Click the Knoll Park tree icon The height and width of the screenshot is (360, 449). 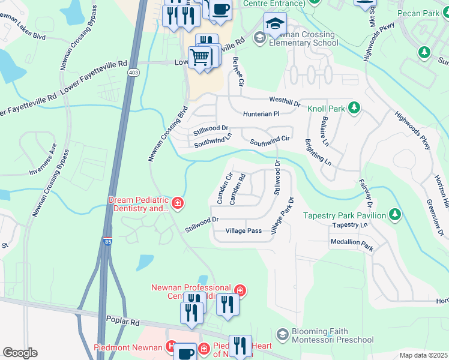tap(355, 107)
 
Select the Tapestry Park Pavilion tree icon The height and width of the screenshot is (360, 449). tap(394, 214)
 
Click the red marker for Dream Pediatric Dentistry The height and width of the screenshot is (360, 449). tap(177, 204)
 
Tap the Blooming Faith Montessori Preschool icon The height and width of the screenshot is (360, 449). tap(282, 333)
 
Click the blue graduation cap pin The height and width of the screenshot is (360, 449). tap(275, 24)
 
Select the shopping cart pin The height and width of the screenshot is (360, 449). tap(200, 58)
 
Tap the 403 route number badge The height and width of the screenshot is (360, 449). tap(131, 72)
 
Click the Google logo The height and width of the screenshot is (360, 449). tap(20, 352)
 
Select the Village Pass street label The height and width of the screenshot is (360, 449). tap(243, 230)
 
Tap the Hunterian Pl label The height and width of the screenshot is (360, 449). tap(261, 113)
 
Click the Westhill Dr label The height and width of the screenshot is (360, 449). tap(285, 102)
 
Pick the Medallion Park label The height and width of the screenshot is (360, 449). tap(352, 242)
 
